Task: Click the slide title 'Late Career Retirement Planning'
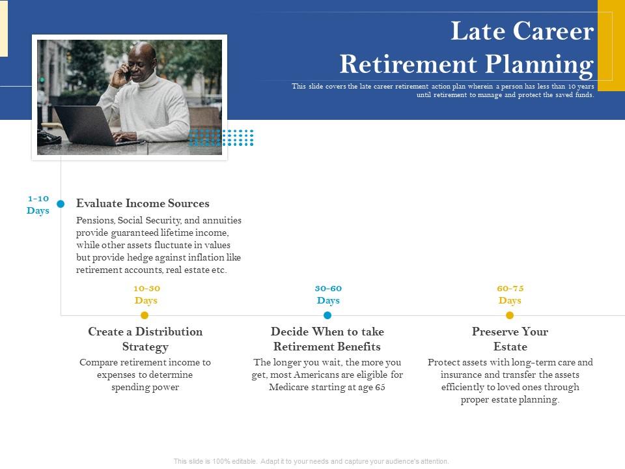(x=466, y=48)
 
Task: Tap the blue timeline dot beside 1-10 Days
(x=61, y=204)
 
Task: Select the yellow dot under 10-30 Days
(x=145, y=315)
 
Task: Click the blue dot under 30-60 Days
(x=327, y=315)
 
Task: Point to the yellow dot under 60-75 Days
(x=510, y=315)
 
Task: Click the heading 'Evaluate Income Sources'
(x=143, y=203)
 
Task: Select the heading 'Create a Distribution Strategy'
(x=145, y=339)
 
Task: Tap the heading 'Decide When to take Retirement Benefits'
(x=327, y=339)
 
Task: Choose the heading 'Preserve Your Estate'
(x=510, y=339)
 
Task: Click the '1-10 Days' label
(x=38, y=204)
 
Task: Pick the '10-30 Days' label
(x=146, y=294)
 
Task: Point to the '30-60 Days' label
(x=328, y=294)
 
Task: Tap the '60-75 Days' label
(x=510, y=294)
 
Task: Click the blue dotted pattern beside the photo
(x=221, y=137)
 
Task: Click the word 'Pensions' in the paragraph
(x=95, y=220)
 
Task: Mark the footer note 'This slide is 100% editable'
(x=311, y=461)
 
